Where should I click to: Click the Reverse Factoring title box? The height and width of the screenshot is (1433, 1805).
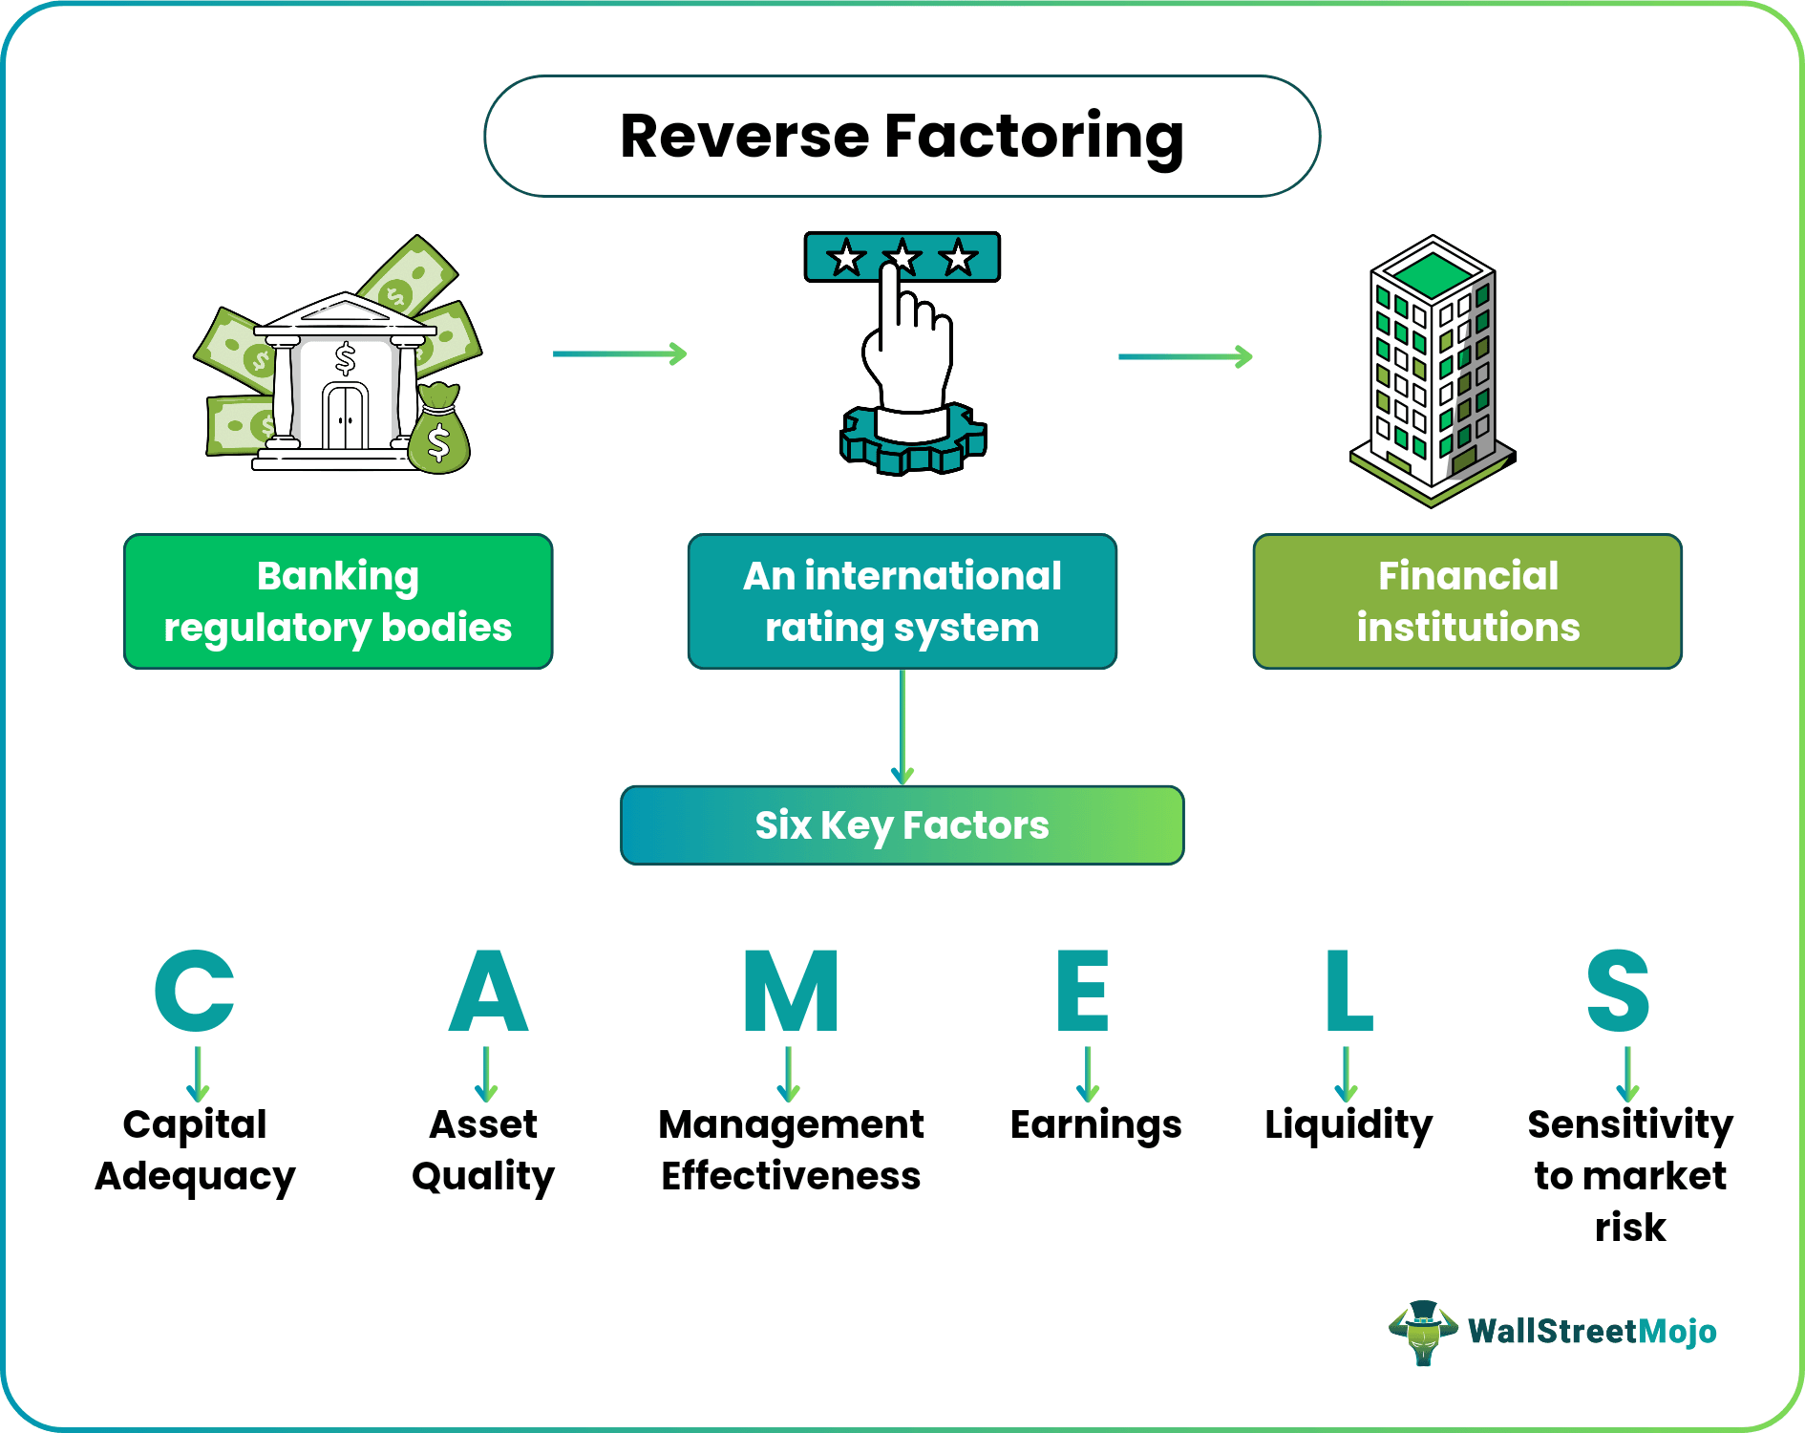(902, 137)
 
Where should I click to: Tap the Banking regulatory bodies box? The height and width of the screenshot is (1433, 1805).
(338, 601)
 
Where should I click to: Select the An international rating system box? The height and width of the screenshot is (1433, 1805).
(902, 601)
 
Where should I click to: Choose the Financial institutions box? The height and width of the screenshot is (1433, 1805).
(1467, 601)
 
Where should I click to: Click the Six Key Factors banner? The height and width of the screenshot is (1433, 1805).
(902, 825)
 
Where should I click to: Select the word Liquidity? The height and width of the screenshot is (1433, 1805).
(1348, 1125)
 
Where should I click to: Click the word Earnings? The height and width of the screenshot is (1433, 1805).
(1095, 1125)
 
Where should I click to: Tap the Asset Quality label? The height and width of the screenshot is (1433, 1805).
(483, 1150)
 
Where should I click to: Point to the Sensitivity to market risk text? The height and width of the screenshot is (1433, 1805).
(1629, 1175)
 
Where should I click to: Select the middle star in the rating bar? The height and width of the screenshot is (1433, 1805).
(902, 258)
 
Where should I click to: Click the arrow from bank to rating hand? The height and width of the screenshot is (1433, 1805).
(619, 354)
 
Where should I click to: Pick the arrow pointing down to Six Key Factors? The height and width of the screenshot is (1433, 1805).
(902, 726)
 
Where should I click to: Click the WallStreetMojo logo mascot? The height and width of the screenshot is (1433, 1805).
(1423, 1331)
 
